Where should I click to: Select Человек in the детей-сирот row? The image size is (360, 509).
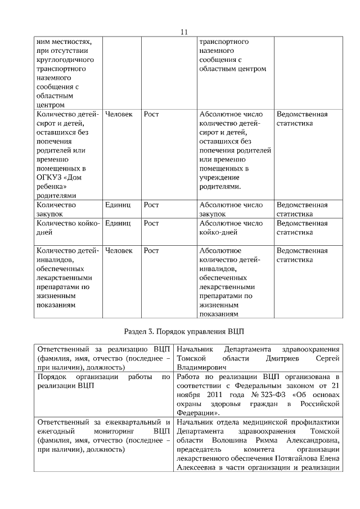pos(119,114)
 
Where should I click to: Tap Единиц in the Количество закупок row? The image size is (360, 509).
pos(118,205)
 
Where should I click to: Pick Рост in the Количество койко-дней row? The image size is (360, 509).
pos(151,223)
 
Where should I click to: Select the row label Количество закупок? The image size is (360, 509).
pos(56,210)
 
